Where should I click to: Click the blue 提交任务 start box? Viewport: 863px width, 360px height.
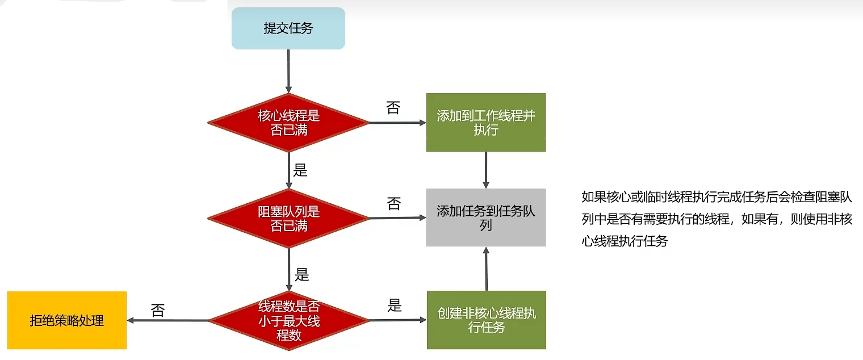click(288, 28)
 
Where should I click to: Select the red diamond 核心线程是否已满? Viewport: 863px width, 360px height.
click(288, 122)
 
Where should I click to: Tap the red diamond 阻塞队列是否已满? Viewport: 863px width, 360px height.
click(288, 219)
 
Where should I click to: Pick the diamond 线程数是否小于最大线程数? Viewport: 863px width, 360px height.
click(288, 320)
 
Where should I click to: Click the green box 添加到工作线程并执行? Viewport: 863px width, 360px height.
click(485, 123)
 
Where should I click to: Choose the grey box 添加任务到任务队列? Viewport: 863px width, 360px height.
click(485, 218)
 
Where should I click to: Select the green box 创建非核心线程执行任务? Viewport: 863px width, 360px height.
click(486, 320)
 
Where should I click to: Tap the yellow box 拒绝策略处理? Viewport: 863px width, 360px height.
click(67, 320)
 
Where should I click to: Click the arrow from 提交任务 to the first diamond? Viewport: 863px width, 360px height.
click(288, 71)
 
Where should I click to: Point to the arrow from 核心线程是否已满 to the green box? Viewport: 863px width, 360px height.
click(397, 123)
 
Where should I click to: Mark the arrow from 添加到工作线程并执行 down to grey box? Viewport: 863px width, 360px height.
click(486, 170)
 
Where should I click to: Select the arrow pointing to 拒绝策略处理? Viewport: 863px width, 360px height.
click(167, 320)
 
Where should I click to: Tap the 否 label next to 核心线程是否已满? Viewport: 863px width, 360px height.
click(393, 108)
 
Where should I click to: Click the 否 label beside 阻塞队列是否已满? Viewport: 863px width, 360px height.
click(393, 204)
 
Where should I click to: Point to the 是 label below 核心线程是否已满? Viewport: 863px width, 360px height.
click(300, 170)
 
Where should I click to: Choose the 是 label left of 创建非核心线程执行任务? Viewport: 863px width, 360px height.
click(395, 305)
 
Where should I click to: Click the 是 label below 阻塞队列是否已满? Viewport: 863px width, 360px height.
click(301, 275)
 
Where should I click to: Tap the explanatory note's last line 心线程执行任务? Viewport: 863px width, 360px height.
click(625, 241)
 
